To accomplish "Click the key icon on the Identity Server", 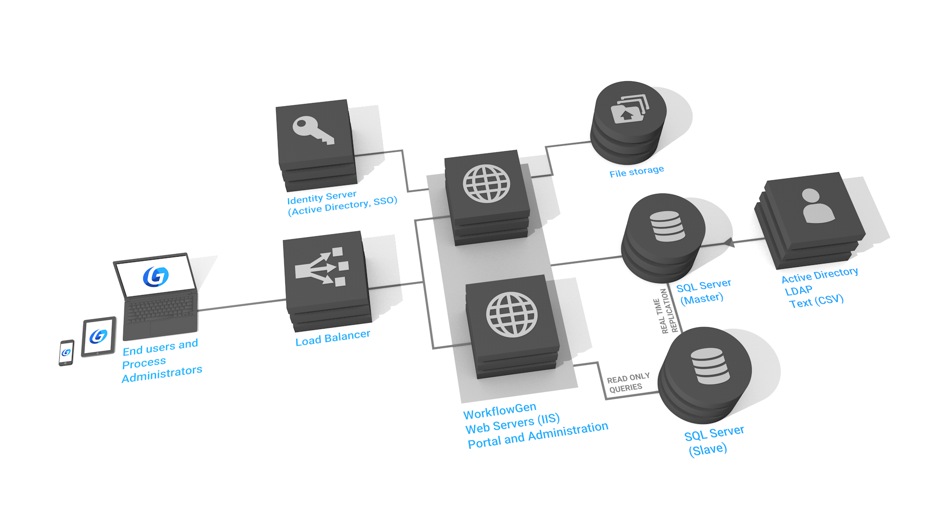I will tap(313, 130).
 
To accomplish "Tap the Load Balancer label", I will tap(332, 337).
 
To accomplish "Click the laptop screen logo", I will tap(155, 276).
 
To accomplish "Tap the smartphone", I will tap(66, 352).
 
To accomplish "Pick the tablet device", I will tap(99, 336).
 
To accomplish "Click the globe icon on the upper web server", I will tap(486, 183).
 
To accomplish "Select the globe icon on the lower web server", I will tap(512, 315).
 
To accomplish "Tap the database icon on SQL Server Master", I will tap(667, 226).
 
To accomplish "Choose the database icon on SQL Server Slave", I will tap(709, 366).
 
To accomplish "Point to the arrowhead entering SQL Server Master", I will tap(729, 242).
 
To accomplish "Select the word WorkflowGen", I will tap(500, 411).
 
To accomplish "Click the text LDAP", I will tap(798, 291).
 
